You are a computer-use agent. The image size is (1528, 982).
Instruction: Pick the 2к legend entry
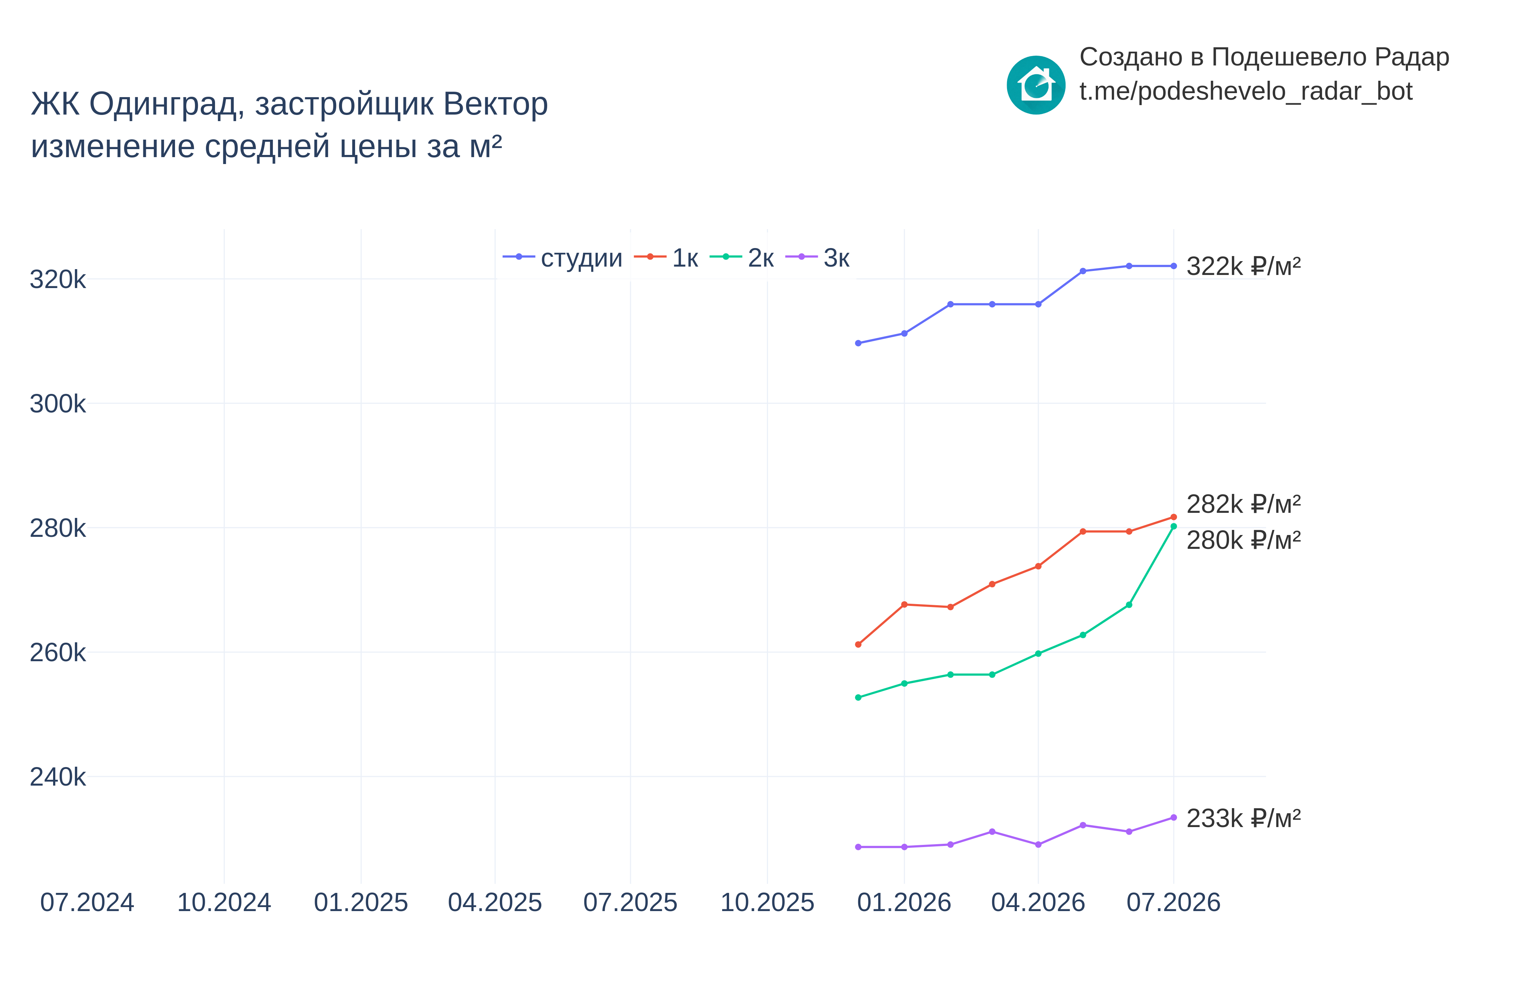[x=742, y=258]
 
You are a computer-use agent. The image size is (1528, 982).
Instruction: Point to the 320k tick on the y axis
[x=57, y=279]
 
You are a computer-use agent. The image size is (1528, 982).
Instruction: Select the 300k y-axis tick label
[x=57, y=404]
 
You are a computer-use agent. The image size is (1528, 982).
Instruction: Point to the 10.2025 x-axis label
[x=767, y=902]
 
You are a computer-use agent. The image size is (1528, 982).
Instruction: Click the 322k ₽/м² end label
[x=1243, y=266]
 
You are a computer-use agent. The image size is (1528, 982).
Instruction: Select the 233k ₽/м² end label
[x=1243, y=818]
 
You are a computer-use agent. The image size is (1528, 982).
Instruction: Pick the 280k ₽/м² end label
[x=1243, y=540]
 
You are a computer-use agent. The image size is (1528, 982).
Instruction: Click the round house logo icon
[x=1036, y=85]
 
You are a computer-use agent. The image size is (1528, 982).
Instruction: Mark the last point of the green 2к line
[x=1173, y=526]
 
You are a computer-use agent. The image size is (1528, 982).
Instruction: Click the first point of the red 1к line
[x=858, y=645]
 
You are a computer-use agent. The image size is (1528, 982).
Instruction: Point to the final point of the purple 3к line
[x=1173, y=818]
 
